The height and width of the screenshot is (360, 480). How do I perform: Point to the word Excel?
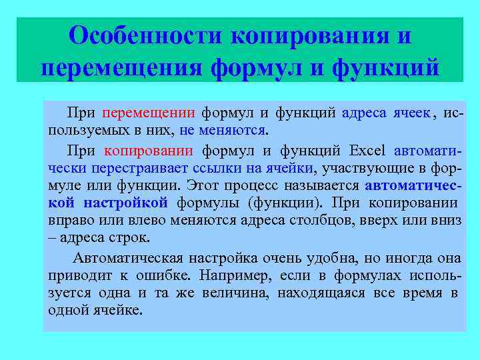pyautogui.click(x=367, y=150)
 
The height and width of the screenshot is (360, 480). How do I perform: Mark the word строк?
pyautogui.click(x=132, y=239)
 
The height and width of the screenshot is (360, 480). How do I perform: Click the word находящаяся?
pyautogui.click(x=323, y=293)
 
